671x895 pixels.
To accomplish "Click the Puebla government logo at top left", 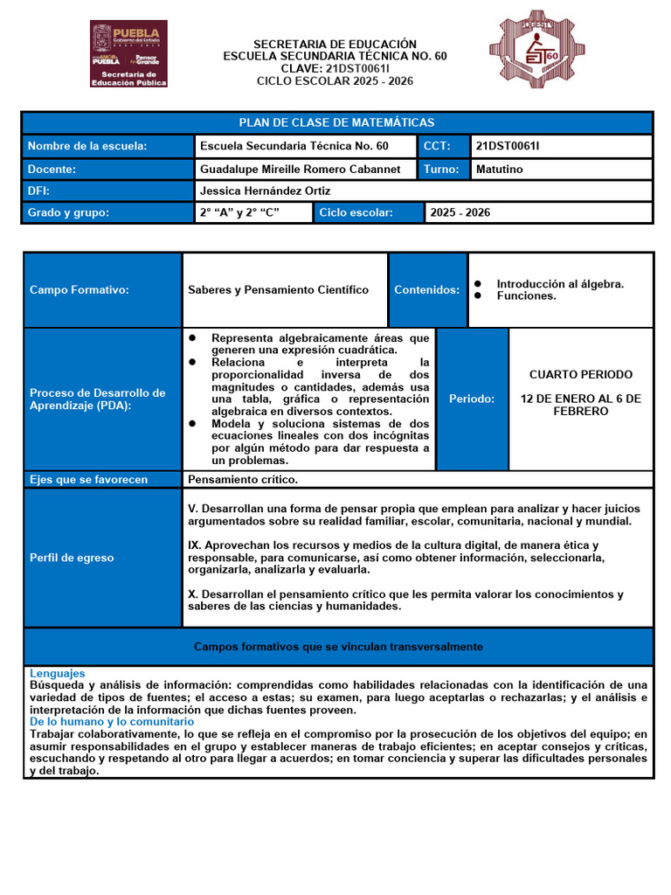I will coord(128,54).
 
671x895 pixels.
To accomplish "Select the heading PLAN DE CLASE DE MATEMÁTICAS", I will coord(336,122).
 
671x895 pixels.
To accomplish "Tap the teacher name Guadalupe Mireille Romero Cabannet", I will coord(301,170).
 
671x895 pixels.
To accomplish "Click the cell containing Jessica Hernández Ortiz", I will coord(266,191).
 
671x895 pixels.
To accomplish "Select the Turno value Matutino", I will coord(499,170).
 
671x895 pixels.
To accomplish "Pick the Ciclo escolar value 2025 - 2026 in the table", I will coord(460,212).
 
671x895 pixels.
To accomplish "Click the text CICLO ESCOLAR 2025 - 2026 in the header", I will coord(335,81).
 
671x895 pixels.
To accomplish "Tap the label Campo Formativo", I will coord(80,289).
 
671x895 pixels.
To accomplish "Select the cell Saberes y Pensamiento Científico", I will coord(278,289).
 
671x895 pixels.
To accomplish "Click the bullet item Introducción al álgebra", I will coord(560,284).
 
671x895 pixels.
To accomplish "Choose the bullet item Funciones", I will coord(526,296).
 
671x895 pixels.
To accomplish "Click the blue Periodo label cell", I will coord(472,399).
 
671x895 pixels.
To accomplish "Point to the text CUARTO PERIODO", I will coord(580,375).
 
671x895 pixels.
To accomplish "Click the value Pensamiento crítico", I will coord(243,479).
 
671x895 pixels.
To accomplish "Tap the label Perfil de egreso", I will coord(72,558).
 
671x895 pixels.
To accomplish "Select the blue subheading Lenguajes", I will coord(58,673).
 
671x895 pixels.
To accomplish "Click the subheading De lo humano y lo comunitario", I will coord(112,722).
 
